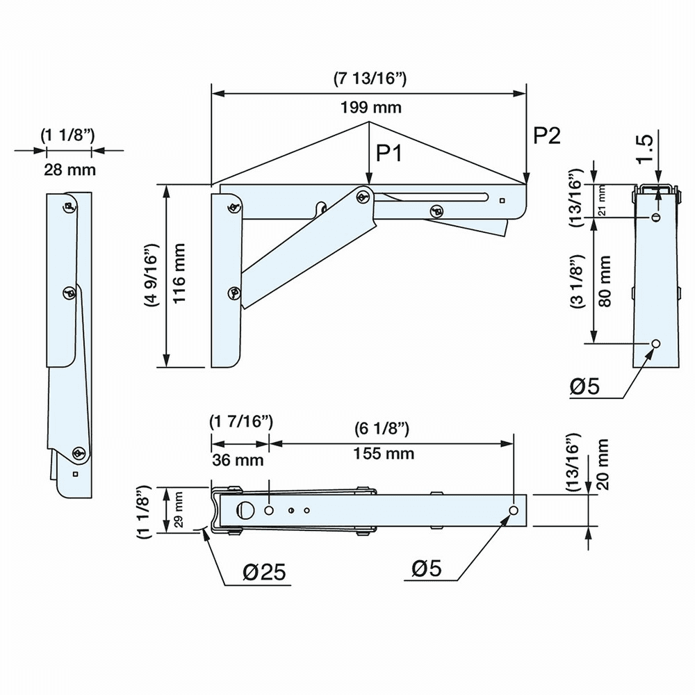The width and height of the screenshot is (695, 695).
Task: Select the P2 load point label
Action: point(546,136)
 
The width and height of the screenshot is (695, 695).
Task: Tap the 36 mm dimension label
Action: point(237,459)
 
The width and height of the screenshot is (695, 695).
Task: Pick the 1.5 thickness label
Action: point(644,149)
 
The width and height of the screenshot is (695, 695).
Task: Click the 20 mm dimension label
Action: point(603,464)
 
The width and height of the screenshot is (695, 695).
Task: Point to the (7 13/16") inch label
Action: point(370,79)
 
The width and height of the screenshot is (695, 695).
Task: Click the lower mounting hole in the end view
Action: point(655,344)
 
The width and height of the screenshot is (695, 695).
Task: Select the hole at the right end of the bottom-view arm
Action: point(514,511)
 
